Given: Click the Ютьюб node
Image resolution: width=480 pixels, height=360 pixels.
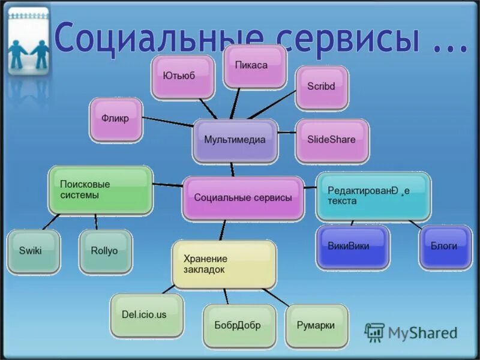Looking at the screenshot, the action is [x=182, y=77].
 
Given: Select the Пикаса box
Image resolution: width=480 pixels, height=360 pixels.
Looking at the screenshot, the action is [x=254, y=66].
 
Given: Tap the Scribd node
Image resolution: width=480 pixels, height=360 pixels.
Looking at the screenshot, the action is [x=321, y=87].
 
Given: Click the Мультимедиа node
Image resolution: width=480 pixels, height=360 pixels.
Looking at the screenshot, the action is [x=235, y=140].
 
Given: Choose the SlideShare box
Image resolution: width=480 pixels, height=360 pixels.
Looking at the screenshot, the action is [x=332, y=140].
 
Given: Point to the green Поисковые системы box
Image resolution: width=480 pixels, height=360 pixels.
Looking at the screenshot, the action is [x=100, y=190].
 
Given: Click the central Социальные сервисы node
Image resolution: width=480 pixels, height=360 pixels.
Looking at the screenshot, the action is [x=243, y=198].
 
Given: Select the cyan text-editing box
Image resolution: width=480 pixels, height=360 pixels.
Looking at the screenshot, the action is [x=372, y=196].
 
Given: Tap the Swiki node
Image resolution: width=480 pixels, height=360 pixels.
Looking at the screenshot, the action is [x=34, y=251].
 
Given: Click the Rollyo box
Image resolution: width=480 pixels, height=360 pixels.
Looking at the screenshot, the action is [x=105, y=251].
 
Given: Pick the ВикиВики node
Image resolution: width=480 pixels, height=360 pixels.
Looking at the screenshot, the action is [x=352, y=247].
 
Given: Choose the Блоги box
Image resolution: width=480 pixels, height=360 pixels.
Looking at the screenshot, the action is [x=445, y=247].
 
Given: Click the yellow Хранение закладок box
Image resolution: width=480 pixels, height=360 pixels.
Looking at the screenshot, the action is [x=224, y=265].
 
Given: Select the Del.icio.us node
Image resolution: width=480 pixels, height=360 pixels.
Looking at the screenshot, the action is [x=147, y=314].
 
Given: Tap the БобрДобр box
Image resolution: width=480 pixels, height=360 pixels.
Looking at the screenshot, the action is [x=238, y=326].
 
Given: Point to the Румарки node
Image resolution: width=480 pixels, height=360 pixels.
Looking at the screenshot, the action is [x=316, y=326].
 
